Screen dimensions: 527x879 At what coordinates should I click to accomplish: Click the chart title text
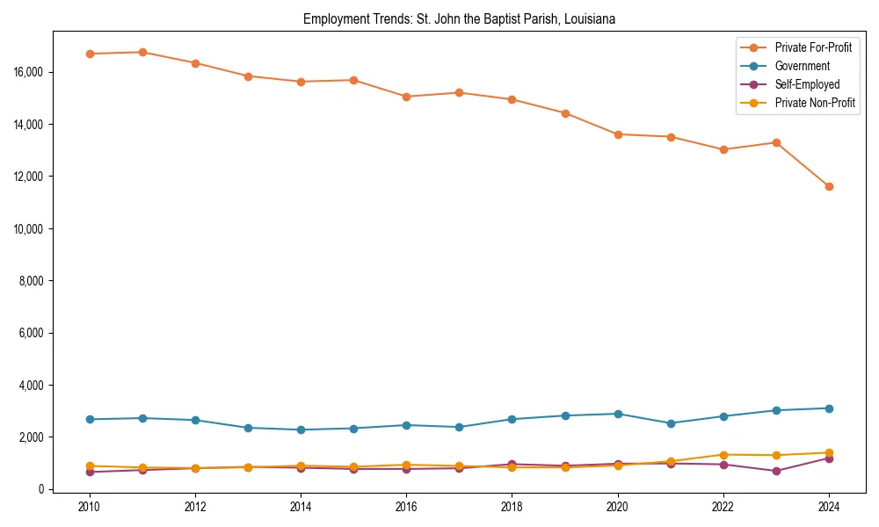pos(459,18)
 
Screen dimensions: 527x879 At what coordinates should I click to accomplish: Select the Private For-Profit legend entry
pos(813,47)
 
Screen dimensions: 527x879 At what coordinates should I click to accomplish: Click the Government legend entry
pos(802,66)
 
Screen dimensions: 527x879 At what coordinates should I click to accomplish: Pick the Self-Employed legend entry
pos(807,84)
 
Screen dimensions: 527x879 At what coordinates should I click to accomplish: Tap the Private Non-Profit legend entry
pos(815,103)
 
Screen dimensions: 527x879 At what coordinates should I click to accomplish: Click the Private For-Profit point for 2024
pos(829,186)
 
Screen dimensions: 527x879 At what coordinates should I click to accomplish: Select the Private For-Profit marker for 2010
pos(90,54)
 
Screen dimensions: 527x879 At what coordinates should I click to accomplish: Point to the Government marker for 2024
pos(829,408)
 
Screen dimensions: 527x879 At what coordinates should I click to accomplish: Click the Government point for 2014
pos(301,430)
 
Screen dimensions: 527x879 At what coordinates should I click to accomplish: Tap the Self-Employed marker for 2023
pos(776,471)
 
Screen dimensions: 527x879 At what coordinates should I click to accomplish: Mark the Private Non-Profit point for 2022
pos(723,455)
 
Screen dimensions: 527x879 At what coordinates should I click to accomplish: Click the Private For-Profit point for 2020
pos(618,134)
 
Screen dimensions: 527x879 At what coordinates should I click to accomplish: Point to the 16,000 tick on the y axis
pos(29,72)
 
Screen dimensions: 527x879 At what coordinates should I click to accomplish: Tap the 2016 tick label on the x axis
pos(406,507)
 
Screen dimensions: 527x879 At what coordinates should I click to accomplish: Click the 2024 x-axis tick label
pos(829,507)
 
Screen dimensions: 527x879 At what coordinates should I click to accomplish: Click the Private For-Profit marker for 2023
pos(776,142)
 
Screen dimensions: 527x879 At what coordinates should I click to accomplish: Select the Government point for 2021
pos(671,423)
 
